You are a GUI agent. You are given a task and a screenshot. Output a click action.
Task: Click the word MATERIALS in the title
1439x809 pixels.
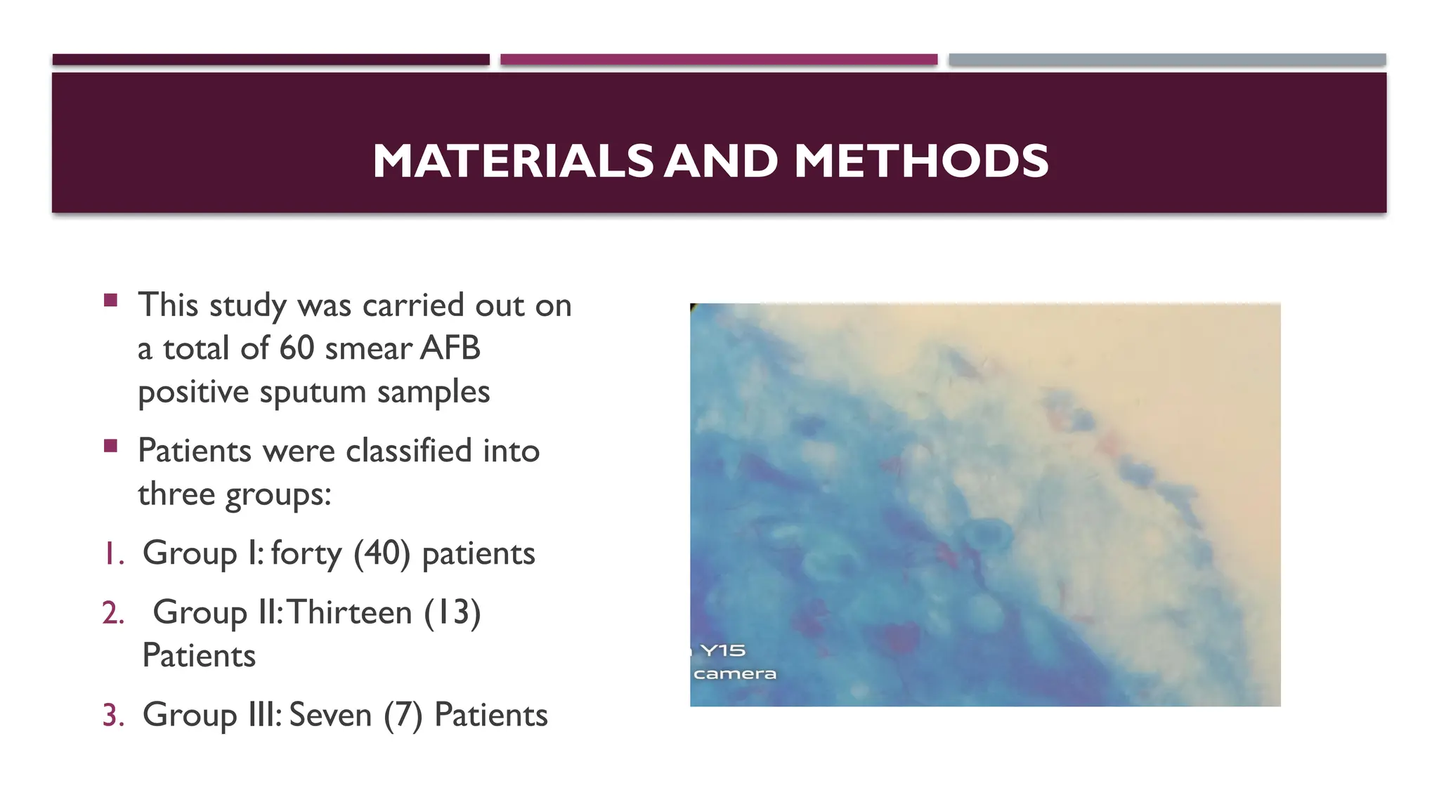pos(513,161)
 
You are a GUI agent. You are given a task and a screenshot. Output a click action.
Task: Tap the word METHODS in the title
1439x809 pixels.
pos(921,161)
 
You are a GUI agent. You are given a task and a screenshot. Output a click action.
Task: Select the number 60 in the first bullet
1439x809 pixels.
pos(297,348)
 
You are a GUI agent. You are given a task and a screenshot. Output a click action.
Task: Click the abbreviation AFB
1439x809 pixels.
pos(450,348)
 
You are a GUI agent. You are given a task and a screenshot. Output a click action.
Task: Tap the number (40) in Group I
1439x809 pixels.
pos(382,553)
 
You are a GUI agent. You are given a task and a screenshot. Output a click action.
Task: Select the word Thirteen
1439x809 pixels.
pos(349,612)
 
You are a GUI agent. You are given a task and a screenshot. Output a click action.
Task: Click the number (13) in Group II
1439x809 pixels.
pos(452,612)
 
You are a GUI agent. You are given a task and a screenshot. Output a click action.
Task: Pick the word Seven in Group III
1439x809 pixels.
pos(330,715)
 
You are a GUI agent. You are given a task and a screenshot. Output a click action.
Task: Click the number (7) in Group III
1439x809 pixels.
pos(403,715)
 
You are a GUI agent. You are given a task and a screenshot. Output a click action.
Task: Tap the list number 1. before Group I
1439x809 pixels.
pos(113,554)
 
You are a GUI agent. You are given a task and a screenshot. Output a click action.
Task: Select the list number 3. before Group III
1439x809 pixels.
pos(113,716)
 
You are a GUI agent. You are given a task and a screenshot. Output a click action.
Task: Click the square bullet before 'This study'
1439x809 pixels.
pos(110,301)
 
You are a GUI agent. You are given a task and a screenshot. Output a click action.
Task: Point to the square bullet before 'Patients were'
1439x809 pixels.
pos(110,446)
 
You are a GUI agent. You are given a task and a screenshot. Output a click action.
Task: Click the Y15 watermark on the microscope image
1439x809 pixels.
pos(723,651)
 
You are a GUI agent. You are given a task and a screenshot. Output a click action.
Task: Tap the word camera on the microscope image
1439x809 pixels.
pos(735,674)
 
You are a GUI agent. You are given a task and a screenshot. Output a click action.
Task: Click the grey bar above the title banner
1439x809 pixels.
pos(1167,60)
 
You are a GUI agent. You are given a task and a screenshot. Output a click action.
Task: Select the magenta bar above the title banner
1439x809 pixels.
pos(719,60)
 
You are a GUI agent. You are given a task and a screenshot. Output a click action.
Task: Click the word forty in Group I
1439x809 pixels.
pos(306,553)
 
